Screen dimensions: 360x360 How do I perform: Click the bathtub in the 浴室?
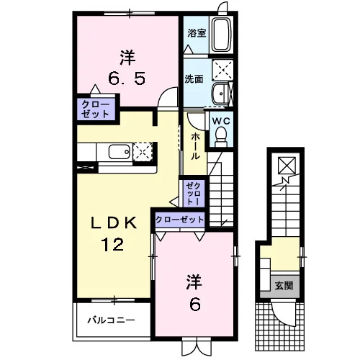(x=222, y=35)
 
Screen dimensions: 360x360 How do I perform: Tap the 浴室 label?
(x=197, y=33)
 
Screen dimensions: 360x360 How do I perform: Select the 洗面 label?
(x=194, y=78)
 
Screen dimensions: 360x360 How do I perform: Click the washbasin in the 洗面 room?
(x=220, y=94)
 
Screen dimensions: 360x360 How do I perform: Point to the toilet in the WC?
(x=221, y=137)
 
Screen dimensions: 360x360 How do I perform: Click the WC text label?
(x=221, y=121)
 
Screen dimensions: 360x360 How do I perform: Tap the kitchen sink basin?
(x=120, y=152)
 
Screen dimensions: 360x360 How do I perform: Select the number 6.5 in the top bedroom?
(x=127, y=78)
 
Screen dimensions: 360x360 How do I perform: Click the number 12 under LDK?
(x=112, y=244)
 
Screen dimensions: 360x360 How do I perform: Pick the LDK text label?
(x=113, y=222)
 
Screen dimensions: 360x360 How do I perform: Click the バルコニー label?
(x=111, y=320)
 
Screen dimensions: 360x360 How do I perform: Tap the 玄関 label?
(x=284, y=286)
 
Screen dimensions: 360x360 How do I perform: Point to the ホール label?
(x=195, y=146)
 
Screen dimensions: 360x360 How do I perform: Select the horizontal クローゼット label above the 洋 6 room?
(x=180, y=220)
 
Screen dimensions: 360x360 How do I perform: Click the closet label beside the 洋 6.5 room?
(x=96, y=109)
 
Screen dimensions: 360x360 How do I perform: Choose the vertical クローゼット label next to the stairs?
(x=193, y=194)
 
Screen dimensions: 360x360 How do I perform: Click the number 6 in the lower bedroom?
(x=195, y=305)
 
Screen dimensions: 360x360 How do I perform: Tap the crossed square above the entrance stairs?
(x=287, y=165)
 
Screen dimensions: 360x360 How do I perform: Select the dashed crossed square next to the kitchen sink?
(x=143, y=152)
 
